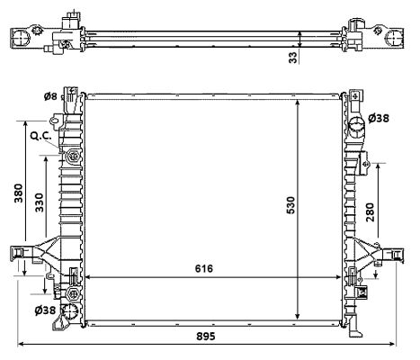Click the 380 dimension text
[18, 194]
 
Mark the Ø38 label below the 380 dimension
[46, 311]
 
